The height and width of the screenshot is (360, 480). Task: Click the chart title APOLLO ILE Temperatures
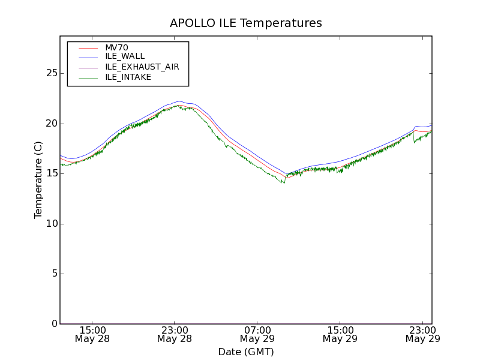(246, 23)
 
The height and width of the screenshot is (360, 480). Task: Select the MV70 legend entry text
(116, 47)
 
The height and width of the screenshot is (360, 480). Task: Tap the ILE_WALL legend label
(125, 56)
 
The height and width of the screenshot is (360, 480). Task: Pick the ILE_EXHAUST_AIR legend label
(142, 67)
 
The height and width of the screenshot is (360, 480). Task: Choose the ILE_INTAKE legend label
(128, 77)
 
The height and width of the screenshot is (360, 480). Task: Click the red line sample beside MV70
(88, 47)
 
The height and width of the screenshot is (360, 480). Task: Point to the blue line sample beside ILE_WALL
(88, 57)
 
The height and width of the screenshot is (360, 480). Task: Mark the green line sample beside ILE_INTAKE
(88, 77)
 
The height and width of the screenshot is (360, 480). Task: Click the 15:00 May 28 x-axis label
(93, 334)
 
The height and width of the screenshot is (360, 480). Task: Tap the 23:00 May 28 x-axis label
(175, 334)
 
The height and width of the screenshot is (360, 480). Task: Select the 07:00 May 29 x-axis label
(257, 334)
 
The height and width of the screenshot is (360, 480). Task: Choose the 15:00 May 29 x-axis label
(340, 334)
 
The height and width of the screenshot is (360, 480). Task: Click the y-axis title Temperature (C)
(38, 180)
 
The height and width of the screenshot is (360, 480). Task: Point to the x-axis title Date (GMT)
(246, 352)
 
